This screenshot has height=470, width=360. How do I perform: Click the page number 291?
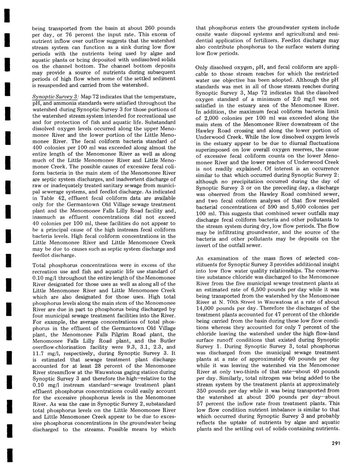tap(335, 443)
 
